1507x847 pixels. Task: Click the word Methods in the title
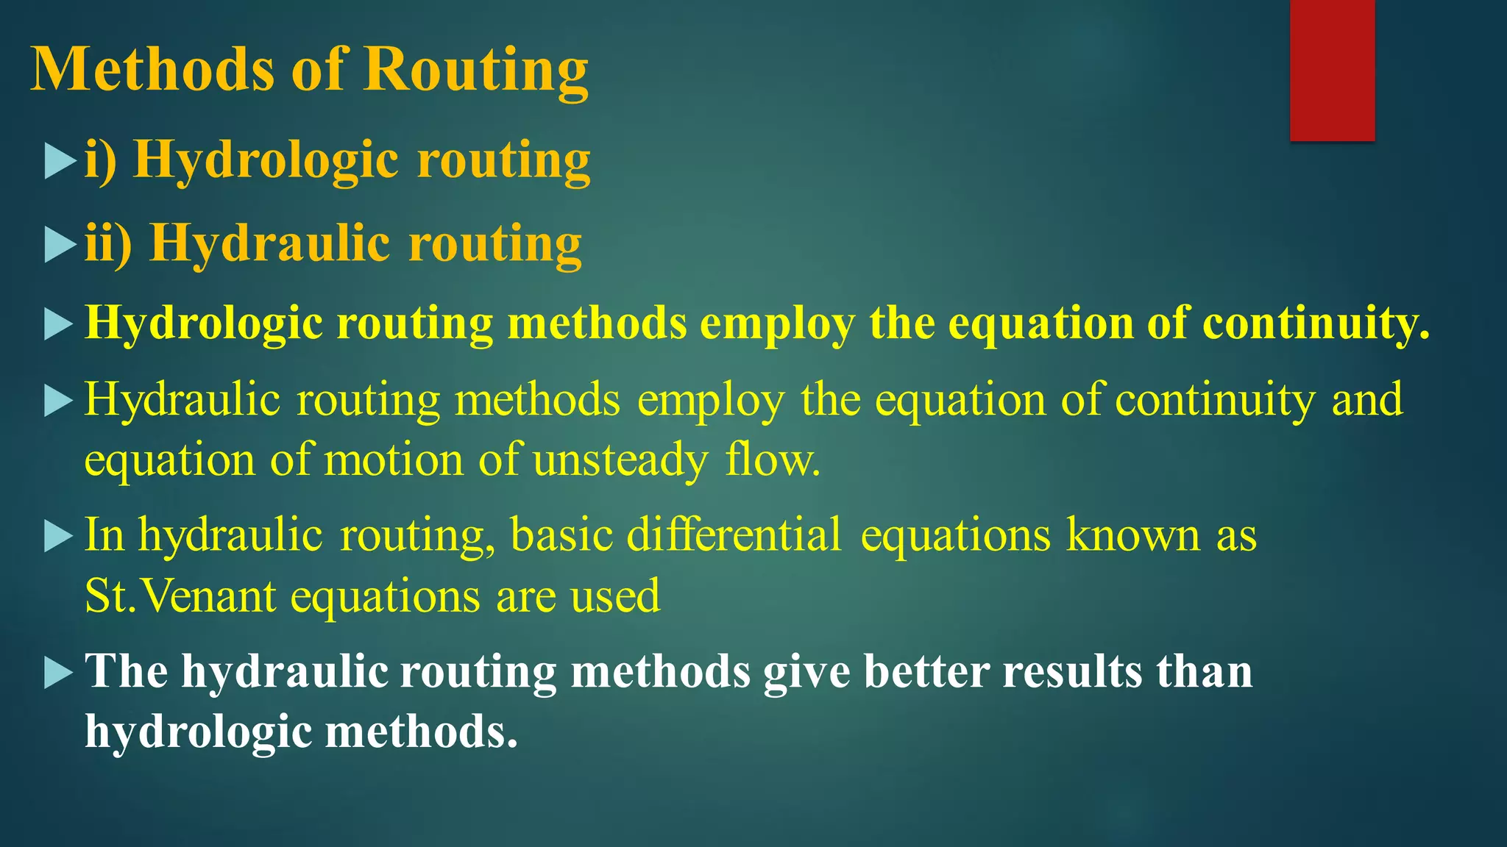[152, 69]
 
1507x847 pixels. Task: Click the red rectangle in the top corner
[1332, 70]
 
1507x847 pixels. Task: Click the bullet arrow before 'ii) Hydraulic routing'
[60, 245]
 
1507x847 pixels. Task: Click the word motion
[394, 460]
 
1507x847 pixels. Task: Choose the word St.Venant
[180, 596]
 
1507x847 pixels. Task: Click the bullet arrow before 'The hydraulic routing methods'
[59, 672]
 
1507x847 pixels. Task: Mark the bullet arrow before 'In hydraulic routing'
[59, 536]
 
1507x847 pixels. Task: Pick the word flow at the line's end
[772, 460]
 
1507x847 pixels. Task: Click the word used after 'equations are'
[615, 596]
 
